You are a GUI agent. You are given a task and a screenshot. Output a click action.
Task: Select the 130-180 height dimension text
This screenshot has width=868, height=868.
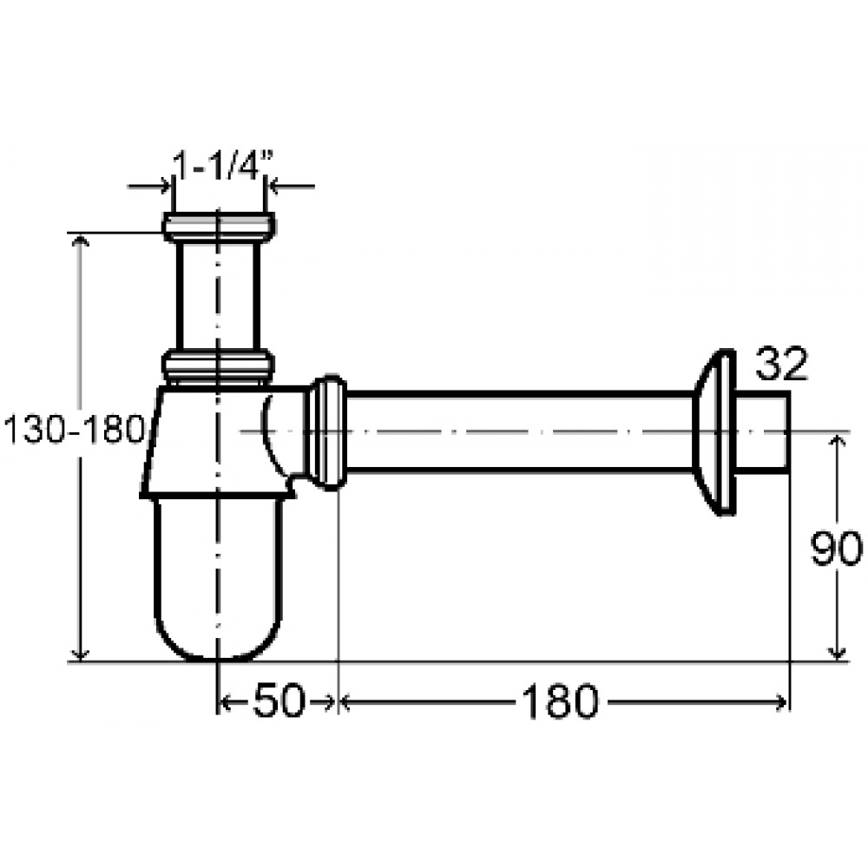pyautogui.click(x=74, y=429)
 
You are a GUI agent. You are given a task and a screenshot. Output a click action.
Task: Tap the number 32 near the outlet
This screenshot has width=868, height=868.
pyautogui.click(x=781, y=365)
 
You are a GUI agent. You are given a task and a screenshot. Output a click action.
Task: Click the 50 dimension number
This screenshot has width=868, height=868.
pyautogui.click(x=279, y=700)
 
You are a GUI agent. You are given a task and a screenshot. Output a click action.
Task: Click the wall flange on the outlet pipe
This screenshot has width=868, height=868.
pyautogui.click(x=714, y=432)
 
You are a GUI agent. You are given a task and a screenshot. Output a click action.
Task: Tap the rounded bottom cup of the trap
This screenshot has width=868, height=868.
pyautogui.click(x=218, y=578)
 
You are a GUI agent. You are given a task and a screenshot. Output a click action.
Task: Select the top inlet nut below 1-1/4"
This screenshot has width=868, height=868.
pyautogui.click(x=220, y=227)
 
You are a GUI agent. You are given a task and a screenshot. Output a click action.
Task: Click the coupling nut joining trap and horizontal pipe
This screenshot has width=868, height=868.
pyautogui.click(x=328, y=432)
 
